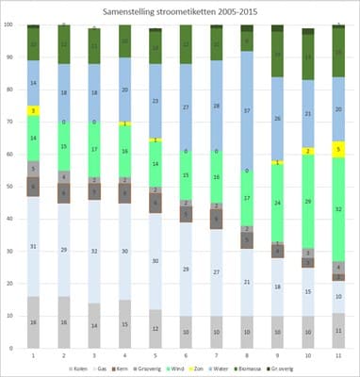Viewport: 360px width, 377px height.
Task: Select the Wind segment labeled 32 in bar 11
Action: (x=338, y=209)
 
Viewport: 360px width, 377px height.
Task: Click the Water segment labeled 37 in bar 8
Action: (x=248, y=110)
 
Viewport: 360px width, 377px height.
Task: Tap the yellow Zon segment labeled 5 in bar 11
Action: (x=338, y=149)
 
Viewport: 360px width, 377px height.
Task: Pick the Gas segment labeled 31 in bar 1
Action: (x=33, y=247)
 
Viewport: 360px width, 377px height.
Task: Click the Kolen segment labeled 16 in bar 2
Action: (x=63, y=322)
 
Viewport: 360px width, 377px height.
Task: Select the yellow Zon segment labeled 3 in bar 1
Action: (x=33, y=111)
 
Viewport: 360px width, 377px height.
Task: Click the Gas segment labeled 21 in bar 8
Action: (x=248, y=282)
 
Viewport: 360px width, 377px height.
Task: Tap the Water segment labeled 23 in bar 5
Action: (x=155, y=99)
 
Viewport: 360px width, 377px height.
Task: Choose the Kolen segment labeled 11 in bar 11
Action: (x=338, y=331)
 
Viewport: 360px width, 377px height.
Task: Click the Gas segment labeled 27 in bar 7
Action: (x=217, y=272)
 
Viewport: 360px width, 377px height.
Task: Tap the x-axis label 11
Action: (x=338, y=356)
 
